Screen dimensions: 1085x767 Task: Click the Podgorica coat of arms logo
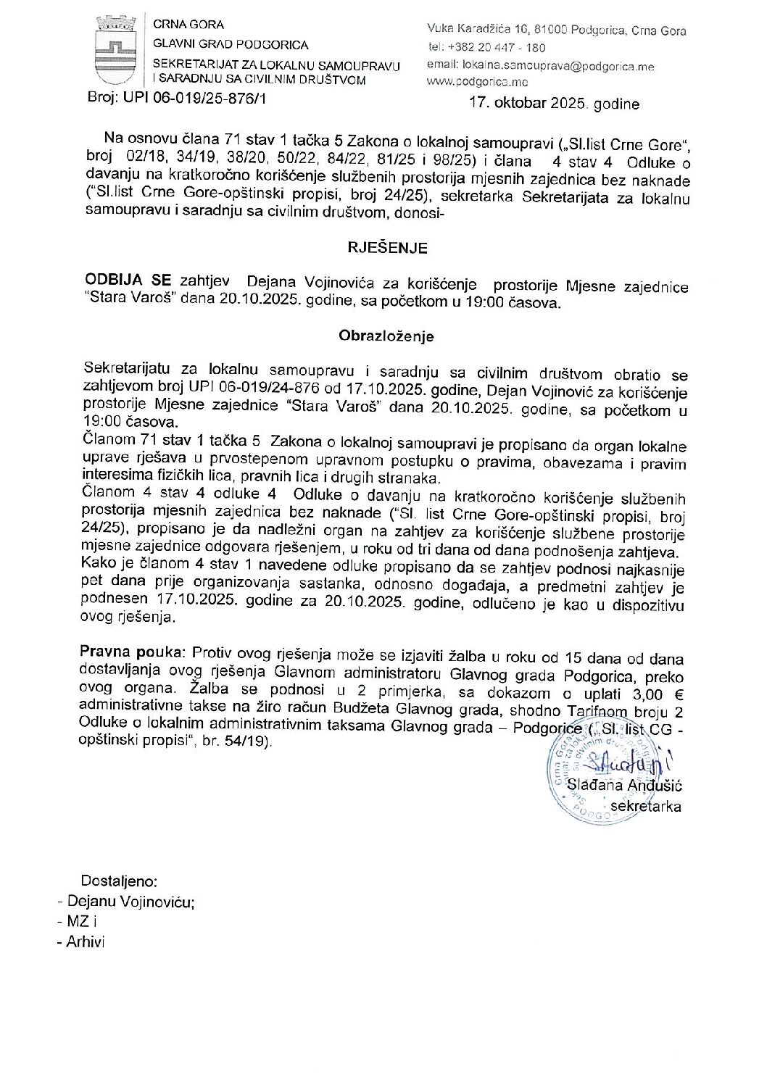(113, 51)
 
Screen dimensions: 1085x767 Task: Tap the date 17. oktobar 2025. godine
(554, 103)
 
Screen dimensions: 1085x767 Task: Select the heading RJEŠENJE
(387, 248)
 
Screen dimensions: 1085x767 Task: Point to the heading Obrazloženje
(386, 336)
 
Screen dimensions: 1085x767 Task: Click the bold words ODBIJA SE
(128, 280)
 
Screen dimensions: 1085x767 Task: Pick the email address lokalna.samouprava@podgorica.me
(557, 66)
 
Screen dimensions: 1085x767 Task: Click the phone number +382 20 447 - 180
(497, 47)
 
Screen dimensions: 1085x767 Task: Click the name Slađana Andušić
(624, 785)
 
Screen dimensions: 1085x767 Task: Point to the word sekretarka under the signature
(645, 806)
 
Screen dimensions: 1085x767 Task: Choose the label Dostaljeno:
(119, 881)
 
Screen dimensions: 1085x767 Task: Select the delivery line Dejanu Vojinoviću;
(130, 902)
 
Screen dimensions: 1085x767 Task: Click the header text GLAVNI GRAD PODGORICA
(231, 45)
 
